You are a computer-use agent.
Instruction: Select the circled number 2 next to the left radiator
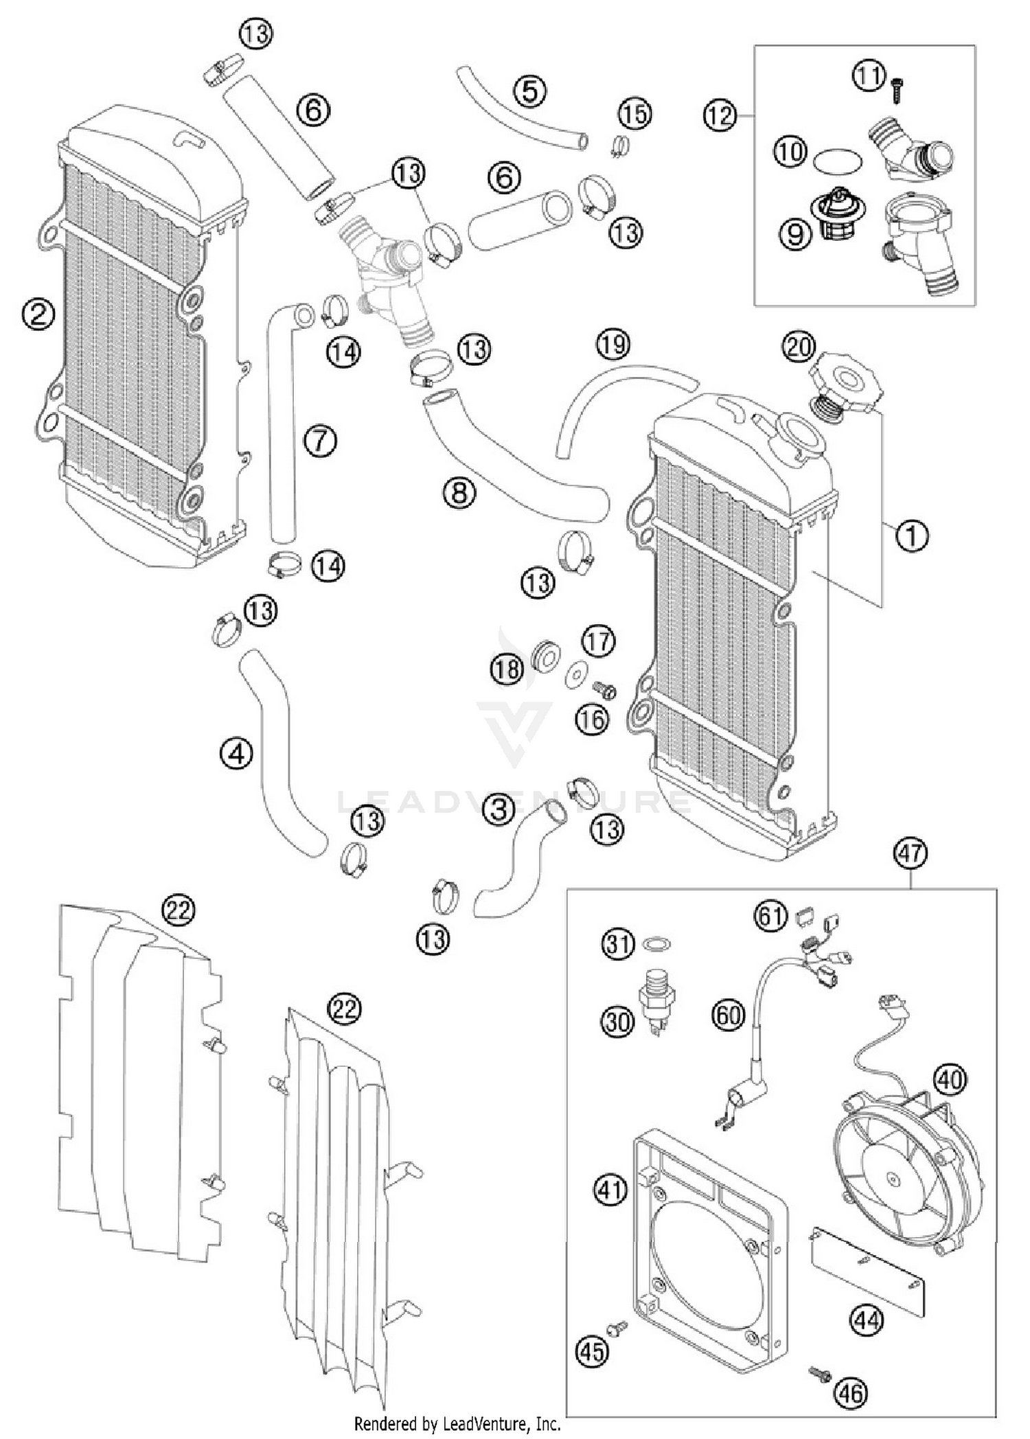[38, 314]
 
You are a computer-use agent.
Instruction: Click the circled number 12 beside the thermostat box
[719, 115]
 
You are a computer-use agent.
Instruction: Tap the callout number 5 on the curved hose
[529, 90]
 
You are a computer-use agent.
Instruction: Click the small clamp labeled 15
[619, 147]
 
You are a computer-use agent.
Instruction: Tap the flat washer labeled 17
[575, 676]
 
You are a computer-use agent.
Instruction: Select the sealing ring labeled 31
[656, 944]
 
